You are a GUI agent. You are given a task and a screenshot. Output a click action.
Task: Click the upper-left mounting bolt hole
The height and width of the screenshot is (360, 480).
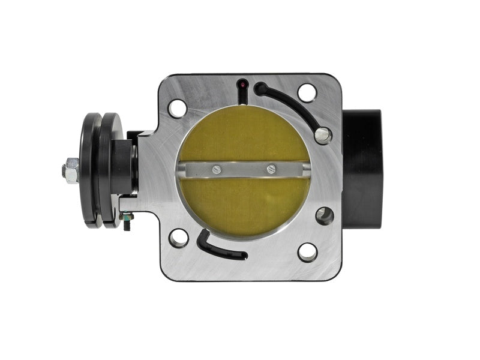(177, 108)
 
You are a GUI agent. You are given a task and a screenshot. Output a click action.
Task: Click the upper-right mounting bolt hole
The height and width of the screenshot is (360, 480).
(307, 92)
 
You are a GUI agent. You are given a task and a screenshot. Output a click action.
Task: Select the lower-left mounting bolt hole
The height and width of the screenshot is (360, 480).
(178, 238)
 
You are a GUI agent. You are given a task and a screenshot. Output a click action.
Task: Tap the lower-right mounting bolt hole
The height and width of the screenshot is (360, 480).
(307, 252)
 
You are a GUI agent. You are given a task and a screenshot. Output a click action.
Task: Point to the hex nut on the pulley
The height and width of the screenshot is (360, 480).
(70, 170)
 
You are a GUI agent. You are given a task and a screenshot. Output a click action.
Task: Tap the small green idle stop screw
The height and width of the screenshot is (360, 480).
(127, 226)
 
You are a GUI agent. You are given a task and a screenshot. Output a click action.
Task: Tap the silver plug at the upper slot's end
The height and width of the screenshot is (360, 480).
(323, 134)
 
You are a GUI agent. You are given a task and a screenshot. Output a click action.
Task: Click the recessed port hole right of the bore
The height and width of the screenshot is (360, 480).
(324, 215)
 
